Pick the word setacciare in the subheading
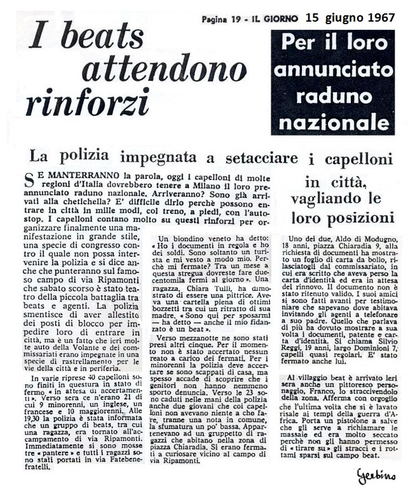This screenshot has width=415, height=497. click(x=252, y=157)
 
